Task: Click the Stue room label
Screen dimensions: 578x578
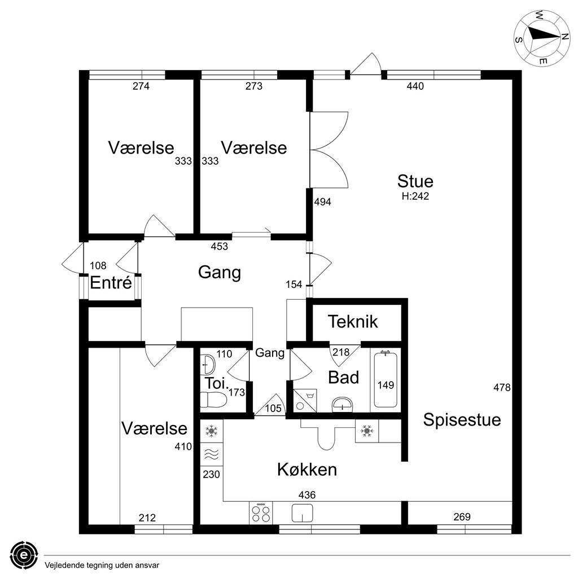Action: tap(415, 181)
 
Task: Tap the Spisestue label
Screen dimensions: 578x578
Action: tap(462, 420)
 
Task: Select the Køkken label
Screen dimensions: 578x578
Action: tap(307, 470)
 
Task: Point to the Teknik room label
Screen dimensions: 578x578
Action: tap(353, 321)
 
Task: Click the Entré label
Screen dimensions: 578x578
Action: tap(111, 283)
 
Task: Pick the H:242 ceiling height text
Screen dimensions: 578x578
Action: tap(415, 196)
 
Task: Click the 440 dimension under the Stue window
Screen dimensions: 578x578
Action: tap(415, 86)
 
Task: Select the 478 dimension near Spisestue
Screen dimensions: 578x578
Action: tap(502, 387)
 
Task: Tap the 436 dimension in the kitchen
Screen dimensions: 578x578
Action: tap(307, 494)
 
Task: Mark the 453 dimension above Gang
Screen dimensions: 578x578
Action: tap(220, 246)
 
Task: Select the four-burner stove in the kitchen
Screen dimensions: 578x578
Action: tap(261, 513)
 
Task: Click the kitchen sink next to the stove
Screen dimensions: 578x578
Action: tap(303, 513)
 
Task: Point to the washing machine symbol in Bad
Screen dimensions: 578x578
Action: tap(305, 400)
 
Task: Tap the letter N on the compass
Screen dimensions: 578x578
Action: tap(564, 37)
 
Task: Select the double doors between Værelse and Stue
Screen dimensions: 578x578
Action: tap(329, 150)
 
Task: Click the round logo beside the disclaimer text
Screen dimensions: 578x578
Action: tap(24, 555)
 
